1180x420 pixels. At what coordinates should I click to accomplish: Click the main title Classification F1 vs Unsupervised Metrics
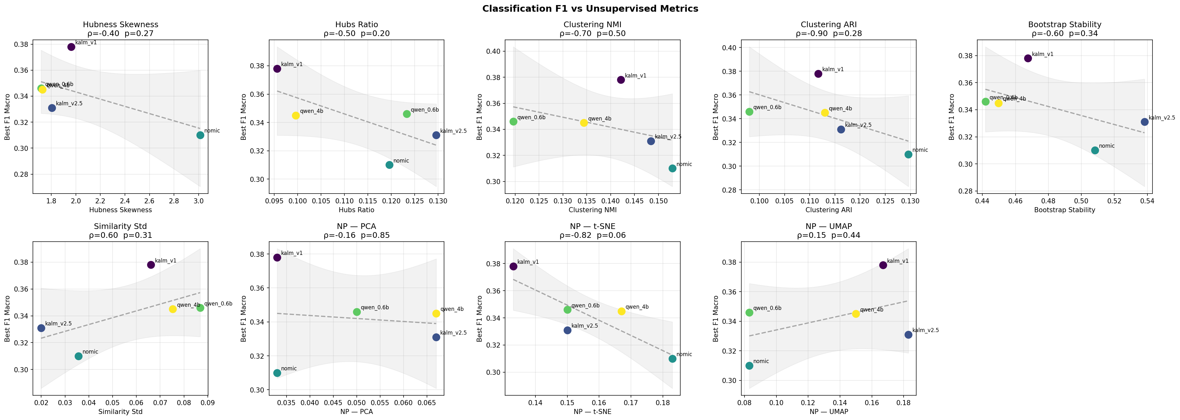click(x=590, y=8)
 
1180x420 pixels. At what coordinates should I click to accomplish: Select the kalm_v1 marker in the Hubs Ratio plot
click(x=277, y=69)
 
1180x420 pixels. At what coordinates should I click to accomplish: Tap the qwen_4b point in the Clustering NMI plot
click(x=584, y=123)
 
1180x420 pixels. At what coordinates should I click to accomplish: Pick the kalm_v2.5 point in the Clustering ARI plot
click(x=841, y=130)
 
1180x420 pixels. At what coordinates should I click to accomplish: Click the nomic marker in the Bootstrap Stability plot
click(x=1095, y=150)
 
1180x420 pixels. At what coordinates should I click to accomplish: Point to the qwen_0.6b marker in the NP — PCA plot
click(x=357, y=312)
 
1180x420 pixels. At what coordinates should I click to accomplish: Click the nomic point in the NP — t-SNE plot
click(x=672, y=359)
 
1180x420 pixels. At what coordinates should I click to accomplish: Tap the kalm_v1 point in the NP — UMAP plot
click(x=883, y=265)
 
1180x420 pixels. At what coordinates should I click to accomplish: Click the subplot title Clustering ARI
click(x=828, y=25)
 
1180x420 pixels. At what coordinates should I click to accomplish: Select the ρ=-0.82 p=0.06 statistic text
click(x=592, y=235)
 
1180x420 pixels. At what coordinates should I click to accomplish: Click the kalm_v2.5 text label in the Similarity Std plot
click(x=58, y=323)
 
